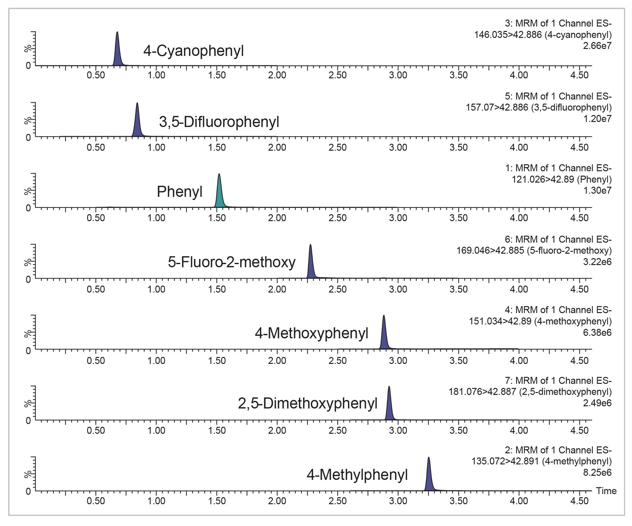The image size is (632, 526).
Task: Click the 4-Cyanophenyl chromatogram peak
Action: (x=117, y=54)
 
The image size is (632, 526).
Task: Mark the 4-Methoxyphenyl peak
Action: (x=384, y=337)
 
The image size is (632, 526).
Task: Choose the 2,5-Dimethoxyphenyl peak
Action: (x=389, y=408)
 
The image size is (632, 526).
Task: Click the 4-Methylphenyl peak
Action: (x=429, y=479)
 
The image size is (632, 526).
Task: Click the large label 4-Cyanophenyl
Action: (x=193, y=51)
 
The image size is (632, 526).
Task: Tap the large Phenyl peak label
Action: (x=179, y=192)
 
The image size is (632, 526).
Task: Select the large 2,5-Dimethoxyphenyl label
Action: (x=307, y=403)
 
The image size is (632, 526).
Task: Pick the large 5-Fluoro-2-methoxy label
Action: (x=232, y=262)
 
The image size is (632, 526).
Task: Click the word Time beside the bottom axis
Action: (x=606, y=491)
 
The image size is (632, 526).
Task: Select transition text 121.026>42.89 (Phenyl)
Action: (x=562, y=179)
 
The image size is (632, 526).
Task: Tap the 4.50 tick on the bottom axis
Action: (x=580, y=501)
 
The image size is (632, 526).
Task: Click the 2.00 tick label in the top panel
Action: (x=277, y=75)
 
